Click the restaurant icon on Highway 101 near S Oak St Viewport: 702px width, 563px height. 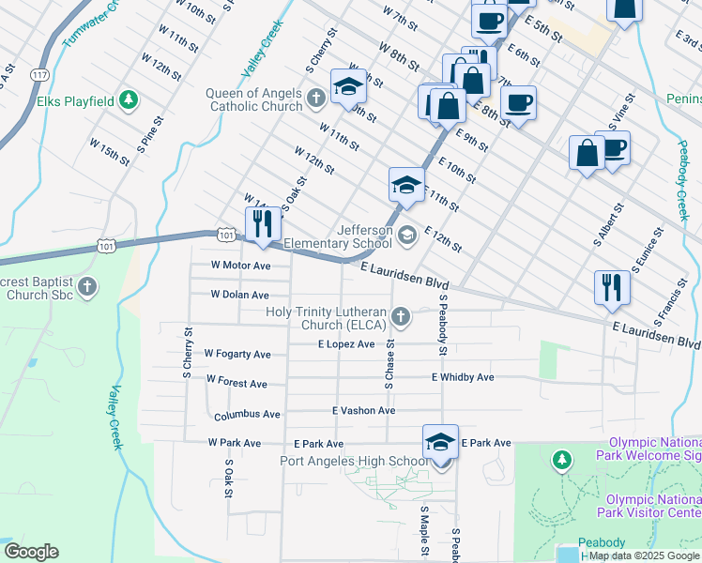262,224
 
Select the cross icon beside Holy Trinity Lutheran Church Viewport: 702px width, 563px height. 401,317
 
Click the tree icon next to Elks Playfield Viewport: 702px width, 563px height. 127,100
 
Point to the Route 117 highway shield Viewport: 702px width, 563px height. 39,73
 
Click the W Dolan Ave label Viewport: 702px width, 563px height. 239,295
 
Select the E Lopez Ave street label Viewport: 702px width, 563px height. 346,344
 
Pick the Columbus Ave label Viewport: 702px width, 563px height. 247,415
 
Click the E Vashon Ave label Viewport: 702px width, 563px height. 363,410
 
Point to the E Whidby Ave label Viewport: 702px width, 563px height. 463,377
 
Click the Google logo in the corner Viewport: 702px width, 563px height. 31,552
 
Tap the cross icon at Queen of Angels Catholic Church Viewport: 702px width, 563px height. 316,97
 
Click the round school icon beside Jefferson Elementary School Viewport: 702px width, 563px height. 406,235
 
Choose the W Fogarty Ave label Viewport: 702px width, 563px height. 239,355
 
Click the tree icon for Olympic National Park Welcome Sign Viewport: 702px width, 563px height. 562,460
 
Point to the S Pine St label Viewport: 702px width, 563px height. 150,133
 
